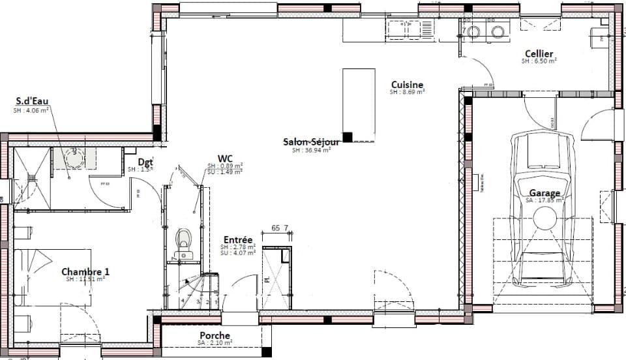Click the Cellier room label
539,53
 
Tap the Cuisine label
408,85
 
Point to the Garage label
544,193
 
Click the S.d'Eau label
32,102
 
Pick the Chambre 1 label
85,271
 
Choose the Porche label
215,336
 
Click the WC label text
226,158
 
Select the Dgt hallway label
145,162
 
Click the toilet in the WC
183,239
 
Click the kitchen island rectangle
359,104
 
